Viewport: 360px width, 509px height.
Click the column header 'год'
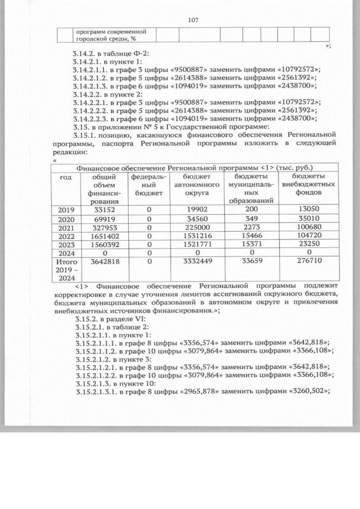click(66, 176)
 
